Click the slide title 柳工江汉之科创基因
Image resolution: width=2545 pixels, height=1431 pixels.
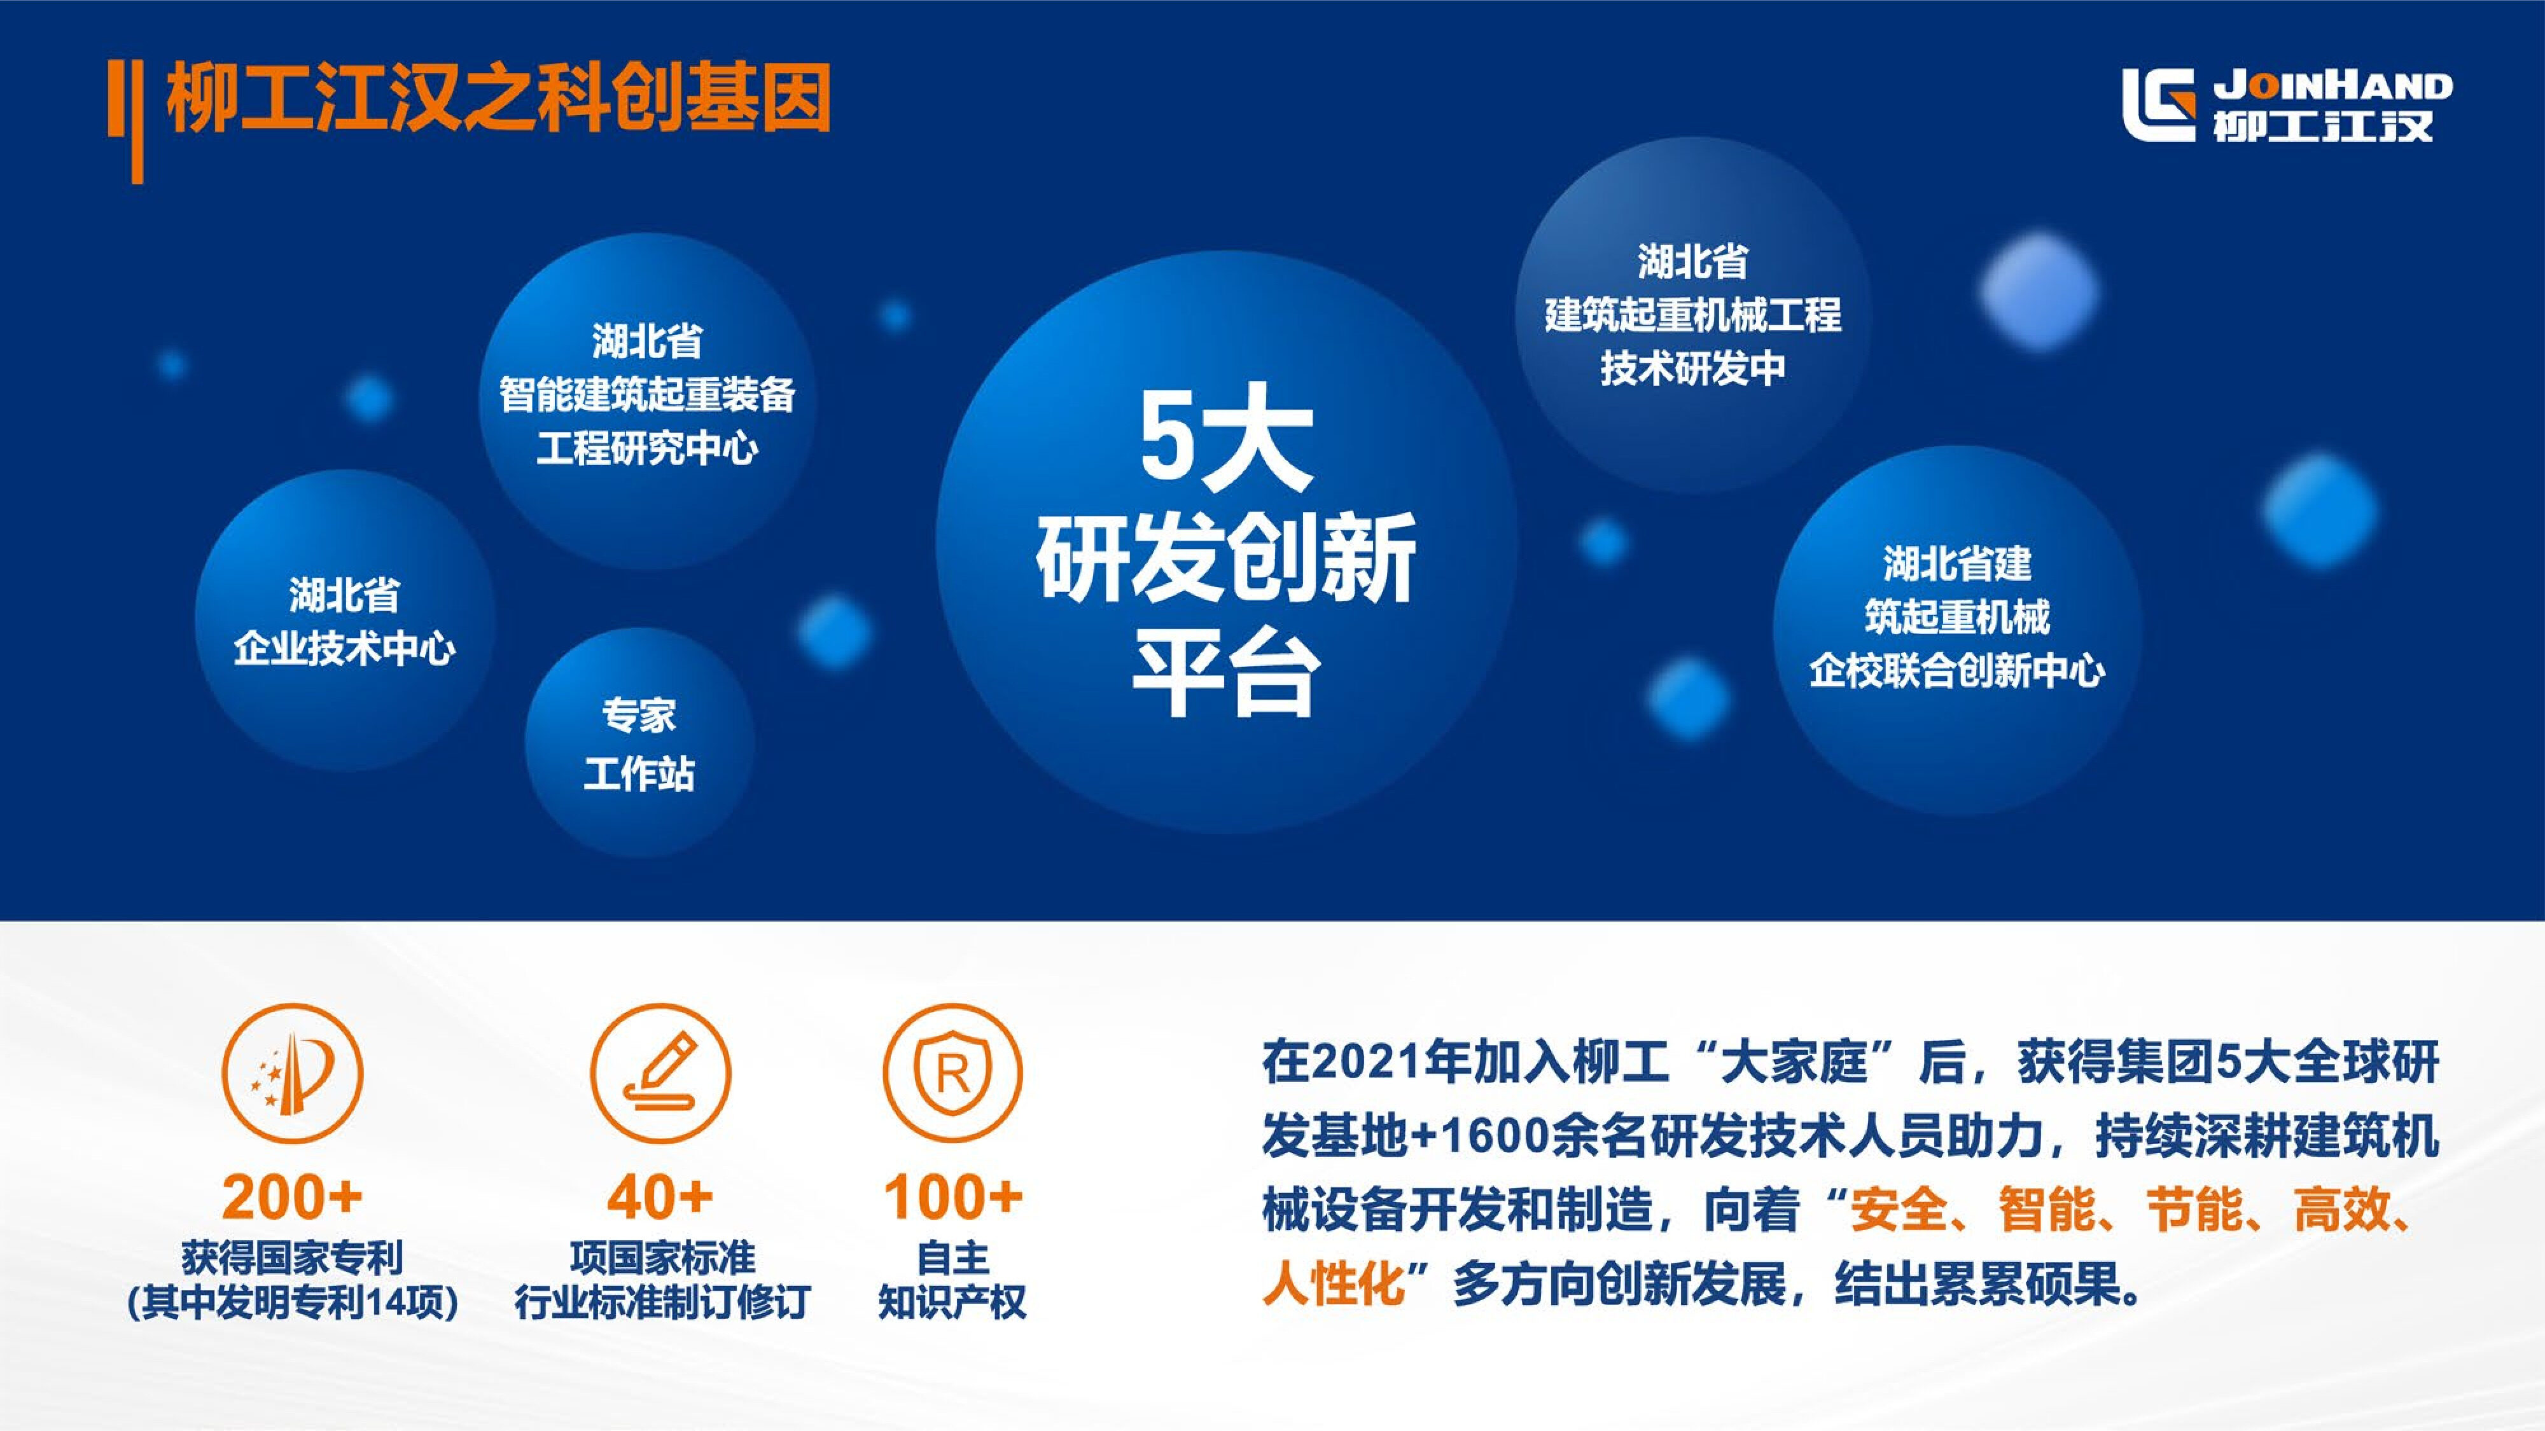point(498,99)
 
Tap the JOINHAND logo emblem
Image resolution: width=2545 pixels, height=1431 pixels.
point(2159,105)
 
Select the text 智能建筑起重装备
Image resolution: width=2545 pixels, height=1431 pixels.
point(647,395)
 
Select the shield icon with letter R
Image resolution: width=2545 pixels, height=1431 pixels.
point(952,1074)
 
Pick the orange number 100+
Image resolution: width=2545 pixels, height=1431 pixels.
point(952,1198)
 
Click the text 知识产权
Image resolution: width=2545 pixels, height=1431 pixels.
point(952,1302)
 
